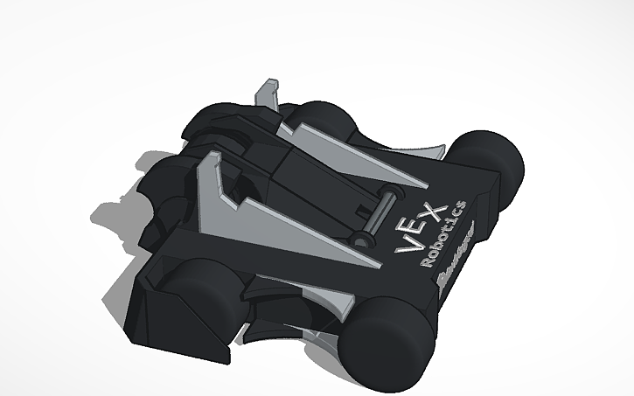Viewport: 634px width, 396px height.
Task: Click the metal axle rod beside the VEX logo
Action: tap(377, 214)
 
